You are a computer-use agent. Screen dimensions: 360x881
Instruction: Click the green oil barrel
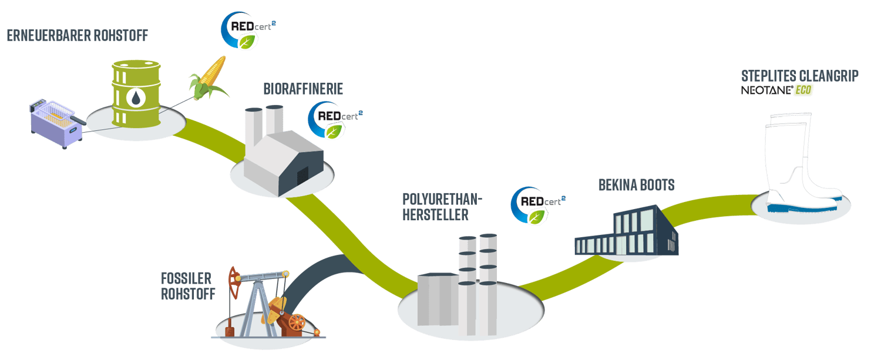pos(136,94)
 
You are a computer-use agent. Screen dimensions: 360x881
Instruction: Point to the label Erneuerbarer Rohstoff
pos(77,36)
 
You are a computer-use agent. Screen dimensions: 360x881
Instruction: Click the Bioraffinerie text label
pos(303,89)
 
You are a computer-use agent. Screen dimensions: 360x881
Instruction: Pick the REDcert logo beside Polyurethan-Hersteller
pos(537,206)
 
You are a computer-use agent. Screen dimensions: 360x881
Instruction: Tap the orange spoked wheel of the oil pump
pos(297,322)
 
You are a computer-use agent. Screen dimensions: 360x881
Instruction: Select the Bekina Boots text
pos(636,186)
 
